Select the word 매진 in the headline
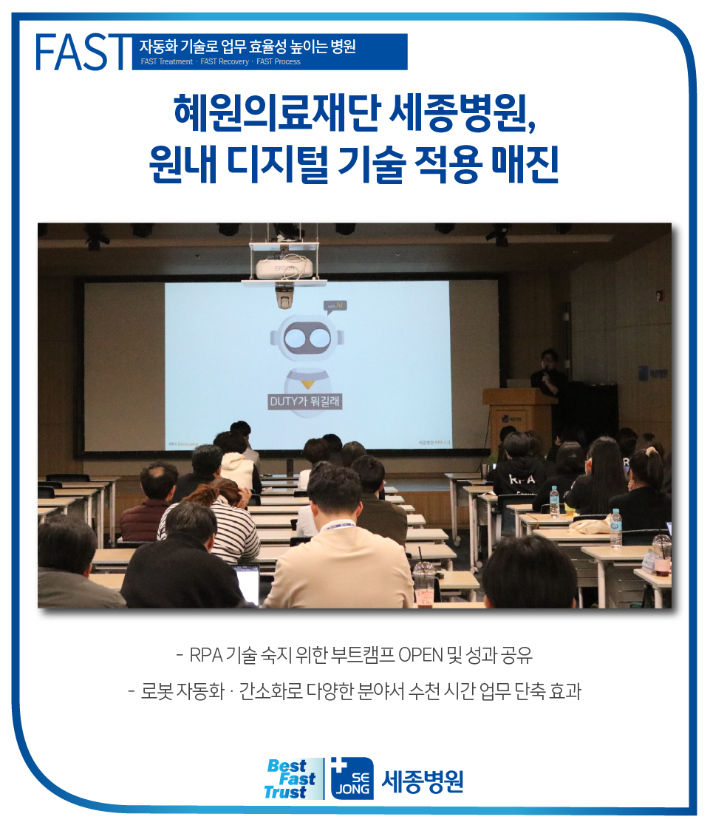coord(525,164)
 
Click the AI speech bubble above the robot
coord(335,305)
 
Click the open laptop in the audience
coord(248,580)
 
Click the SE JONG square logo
coord(352,779)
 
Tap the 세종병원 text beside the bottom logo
coord(423,781)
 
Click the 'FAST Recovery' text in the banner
coord(225,62)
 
